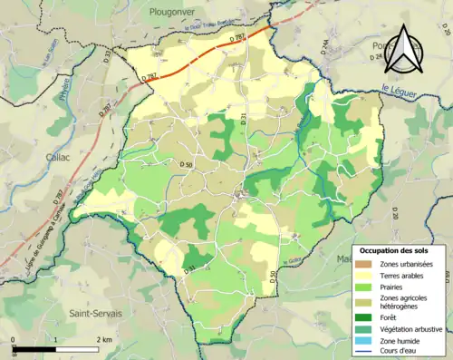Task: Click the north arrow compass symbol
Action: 403,51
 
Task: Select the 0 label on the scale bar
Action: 14,339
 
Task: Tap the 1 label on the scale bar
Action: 56,339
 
